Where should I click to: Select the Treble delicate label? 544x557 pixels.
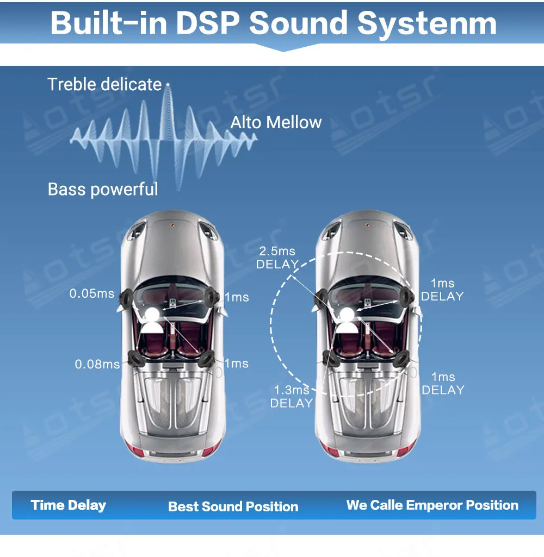coord(104,84)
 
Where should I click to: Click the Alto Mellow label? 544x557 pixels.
coord(276,122)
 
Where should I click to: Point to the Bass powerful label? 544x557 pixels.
coord(103,189)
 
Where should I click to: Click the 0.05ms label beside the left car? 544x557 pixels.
coord(92,293)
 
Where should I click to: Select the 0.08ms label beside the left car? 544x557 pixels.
coord(97,364)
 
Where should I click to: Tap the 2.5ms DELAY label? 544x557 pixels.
coord(277,258)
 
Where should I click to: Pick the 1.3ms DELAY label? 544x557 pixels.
coord(292,396)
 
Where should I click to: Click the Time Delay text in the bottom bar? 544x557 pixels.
coord(69,505)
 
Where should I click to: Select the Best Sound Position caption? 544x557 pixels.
coord(233,506)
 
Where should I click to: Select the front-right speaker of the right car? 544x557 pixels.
coord(407,296)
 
